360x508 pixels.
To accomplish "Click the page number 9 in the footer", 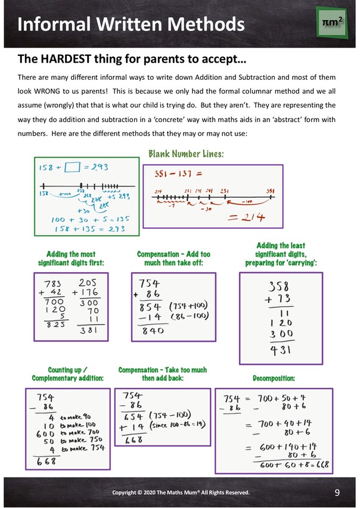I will tap(337, 493).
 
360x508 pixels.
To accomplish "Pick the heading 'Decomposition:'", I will tap(274, 378).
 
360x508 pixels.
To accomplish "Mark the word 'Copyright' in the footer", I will tap(128, 493).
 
